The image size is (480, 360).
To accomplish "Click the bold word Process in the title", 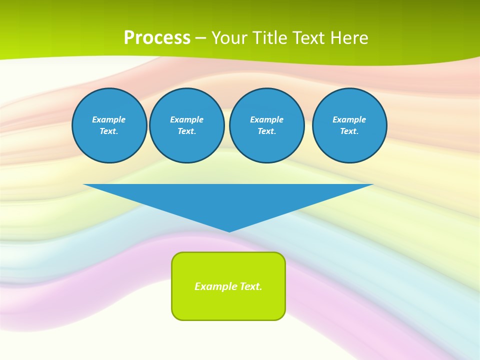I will coord(157,37).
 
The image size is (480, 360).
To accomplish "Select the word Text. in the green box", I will coord(251,286).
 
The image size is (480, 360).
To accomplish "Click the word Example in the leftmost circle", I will coord(109,119).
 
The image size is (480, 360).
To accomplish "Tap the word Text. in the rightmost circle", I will coord(349,131).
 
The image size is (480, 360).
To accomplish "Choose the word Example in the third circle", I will coord(266,119).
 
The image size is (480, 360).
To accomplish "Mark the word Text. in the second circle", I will coord(186,131).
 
